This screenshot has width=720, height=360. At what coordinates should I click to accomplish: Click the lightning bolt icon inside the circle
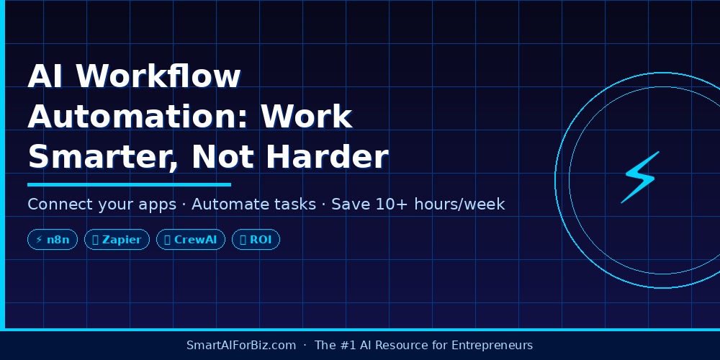click(640, 177)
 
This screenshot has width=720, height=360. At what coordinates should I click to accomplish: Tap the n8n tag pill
click(53, 240)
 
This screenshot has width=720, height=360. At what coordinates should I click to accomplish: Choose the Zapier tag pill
click(117, 240)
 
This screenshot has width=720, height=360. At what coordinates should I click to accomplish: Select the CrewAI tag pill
click(191, 240)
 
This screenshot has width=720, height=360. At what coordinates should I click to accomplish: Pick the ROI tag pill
click(256, 240)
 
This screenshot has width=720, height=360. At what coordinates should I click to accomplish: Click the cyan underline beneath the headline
click(129, 185)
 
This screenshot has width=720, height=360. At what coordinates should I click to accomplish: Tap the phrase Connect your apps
click(102, 204)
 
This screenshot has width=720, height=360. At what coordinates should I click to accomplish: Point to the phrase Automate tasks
click(253, 204)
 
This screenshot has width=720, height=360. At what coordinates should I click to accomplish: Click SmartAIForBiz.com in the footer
click(241, 346)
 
